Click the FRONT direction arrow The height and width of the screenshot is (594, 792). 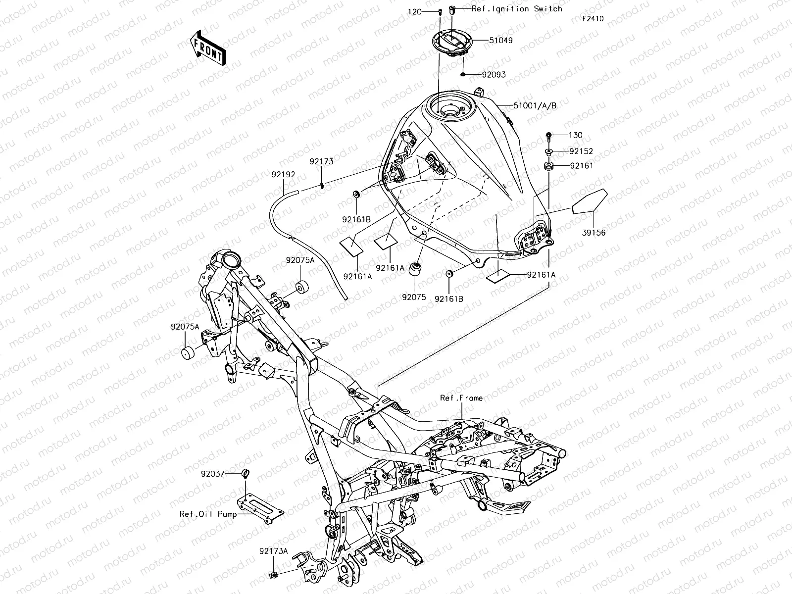click(207, 48)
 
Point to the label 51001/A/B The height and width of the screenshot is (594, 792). click(535, 105)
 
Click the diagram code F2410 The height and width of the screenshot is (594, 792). click(593, 19)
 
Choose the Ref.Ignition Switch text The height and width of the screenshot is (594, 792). click(517, 8)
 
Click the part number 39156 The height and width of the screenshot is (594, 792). click(593, 232)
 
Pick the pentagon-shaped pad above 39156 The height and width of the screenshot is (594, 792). click(589, 202)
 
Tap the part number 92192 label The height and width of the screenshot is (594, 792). click(283, 175)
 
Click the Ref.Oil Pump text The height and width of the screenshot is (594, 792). click(208, 513)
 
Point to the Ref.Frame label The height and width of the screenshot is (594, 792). click(461, 398)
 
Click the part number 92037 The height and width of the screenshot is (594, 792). click(213, 474)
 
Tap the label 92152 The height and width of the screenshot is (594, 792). click(581, 151)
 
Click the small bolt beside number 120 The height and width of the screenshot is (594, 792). click(440, 11)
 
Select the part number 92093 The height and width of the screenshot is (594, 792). click(494, 75)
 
